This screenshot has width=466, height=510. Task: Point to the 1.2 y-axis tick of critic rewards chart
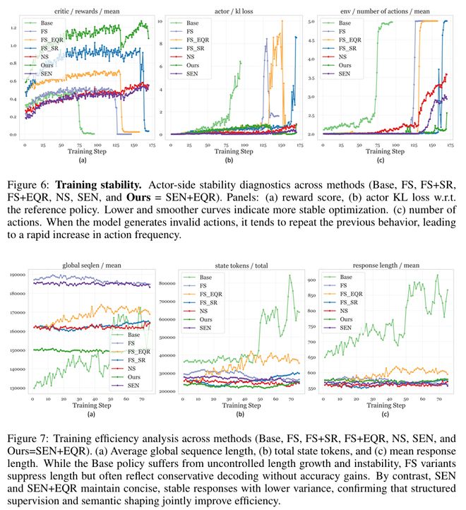click(x=12, y=28)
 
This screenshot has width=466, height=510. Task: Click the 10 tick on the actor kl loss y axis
click(x=162, y=21)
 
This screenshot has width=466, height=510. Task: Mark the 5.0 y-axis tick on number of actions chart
click(x=312, y=21)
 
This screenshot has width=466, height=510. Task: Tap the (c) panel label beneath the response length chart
click(x=388, y=416)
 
